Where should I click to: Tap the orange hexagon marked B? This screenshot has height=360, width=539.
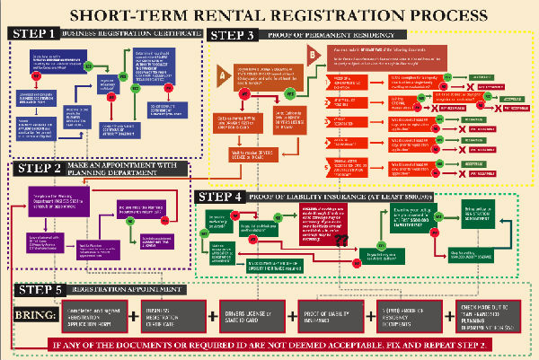(x=311, y=54)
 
